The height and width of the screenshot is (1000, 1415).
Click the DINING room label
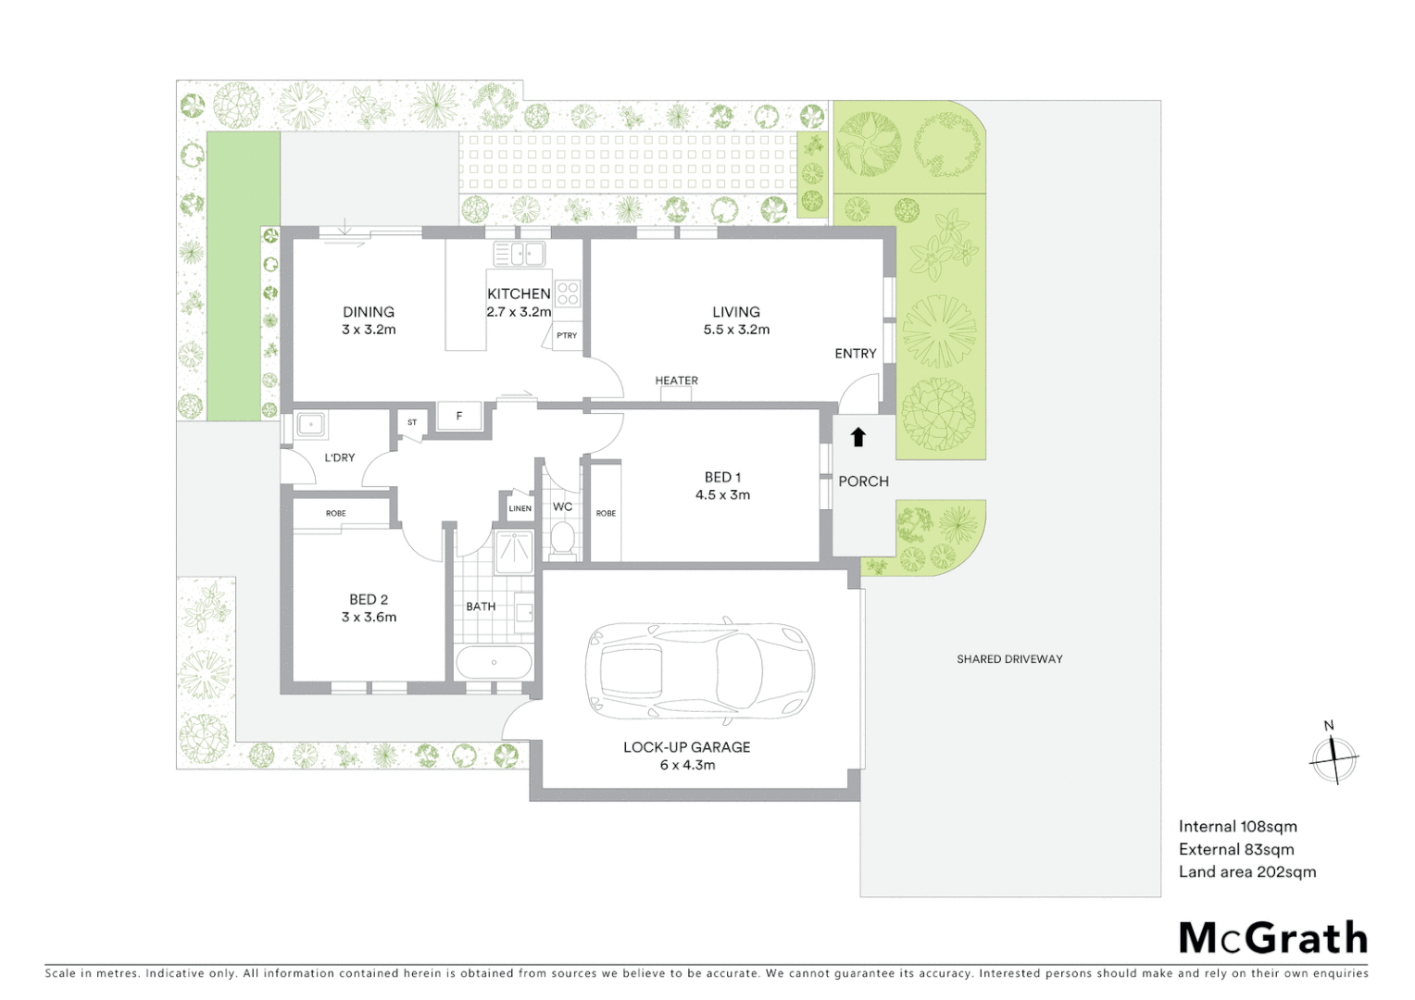click(369, 312)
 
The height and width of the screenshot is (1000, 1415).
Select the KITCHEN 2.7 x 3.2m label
click(519, 303)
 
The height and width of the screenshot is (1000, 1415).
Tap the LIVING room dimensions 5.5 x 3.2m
click(736, 330)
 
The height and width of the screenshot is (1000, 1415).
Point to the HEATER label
click(676, 381)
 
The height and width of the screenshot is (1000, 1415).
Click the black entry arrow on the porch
click(858, 437)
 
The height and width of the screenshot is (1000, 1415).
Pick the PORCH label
click(863, 481)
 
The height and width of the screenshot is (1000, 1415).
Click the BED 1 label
click(722, 478)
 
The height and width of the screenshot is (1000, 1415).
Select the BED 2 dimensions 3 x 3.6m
click(369, 618)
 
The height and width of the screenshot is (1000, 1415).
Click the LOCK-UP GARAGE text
click(686, 747)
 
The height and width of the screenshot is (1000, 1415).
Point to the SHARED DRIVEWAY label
click(1009, 659)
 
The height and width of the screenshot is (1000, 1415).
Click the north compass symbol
click(1334, 758)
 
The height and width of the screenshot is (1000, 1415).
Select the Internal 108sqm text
click(1237, 827)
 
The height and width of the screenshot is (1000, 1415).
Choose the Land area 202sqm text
click(1246, 872)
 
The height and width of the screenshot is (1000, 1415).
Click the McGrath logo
click(1272, 938)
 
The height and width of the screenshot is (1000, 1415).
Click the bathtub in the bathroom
click(494, 663)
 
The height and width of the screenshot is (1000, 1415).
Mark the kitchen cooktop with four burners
click(568, 294)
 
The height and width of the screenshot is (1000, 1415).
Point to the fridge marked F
click(459, 417)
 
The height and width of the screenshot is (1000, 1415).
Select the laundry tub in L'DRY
click(310, 426)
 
